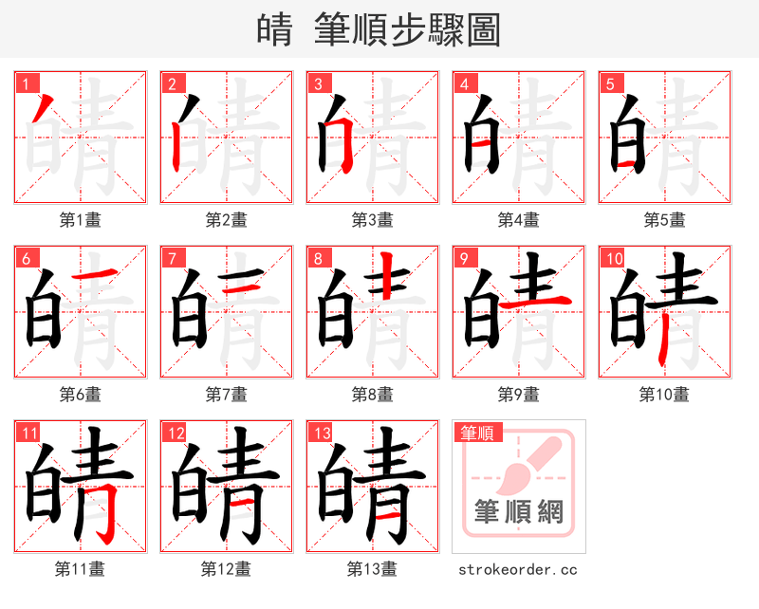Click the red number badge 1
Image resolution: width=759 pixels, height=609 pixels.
(25, 83)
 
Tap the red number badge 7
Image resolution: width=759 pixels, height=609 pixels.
(171, 257)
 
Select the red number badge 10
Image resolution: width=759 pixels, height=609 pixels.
(612, 257)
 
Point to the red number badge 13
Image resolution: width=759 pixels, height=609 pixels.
(319, 433)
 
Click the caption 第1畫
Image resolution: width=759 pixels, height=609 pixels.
(80, 220)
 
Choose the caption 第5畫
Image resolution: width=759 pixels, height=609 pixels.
(664, 220)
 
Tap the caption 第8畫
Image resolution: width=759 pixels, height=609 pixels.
(372, 395)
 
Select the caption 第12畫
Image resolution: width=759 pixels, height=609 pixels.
(226, 569)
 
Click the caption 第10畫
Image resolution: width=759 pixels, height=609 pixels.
(664, 395)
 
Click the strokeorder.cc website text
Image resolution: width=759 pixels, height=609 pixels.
(518, 570)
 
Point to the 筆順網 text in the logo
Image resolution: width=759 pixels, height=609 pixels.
(518, 513)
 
